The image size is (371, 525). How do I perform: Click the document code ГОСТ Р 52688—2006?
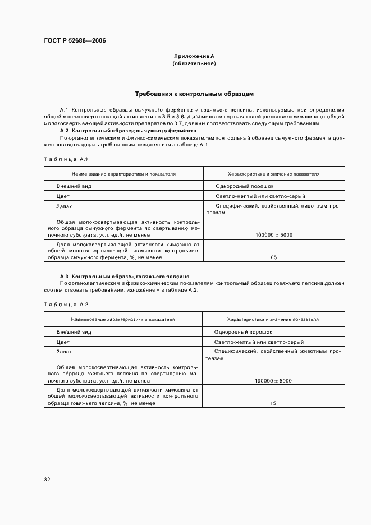tap(75, 41)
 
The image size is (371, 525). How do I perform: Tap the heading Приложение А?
tap(194, 56)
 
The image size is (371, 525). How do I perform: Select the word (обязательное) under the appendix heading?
tap(194, 63)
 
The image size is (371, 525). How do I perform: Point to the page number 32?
tap(47, 480)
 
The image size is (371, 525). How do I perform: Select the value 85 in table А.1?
tap(273, 257)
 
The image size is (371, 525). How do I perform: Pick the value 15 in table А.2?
tap(273, 403)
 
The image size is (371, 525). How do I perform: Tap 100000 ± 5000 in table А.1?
tap(273, 235)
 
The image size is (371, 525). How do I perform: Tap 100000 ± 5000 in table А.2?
tap(273, 381)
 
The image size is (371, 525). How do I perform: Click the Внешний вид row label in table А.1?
tap(70, 186)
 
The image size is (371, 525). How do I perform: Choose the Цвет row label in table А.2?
tap(63, 342)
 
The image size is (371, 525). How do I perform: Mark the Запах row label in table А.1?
tap(64, 206)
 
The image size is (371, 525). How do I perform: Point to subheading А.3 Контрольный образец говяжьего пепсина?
tap(124, 277)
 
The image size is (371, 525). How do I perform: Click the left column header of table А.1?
tap(123, 174)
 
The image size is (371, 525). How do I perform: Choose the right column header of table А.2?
tap(273, 319)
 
